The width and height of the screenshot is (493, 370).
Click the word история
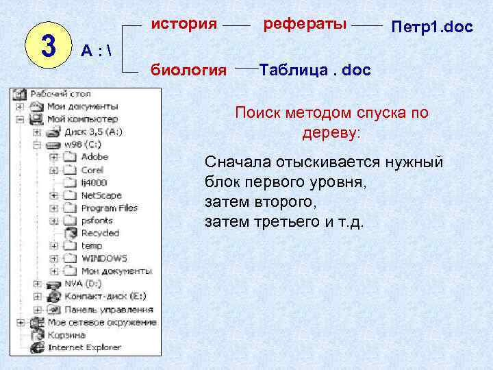click(x=184, y=25)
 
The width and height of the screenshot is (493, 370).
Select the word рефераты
click(x=305, y=25)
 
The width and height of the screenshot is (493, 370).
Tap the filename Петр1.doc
click(x=431, y=28)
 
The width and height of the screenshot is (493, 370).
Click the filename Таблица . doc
click(x=315, y=70)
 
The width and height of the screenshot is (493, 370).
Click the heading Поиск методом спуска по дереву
click(x=331, y=123)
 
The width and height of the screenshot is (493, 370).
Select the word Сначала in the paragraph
click(x=233, y=162)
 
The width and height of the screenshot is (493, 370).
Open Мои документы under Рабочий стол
click(x=82, y=106)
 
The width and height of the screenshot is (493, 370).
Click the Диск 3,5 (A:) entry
click(x=93, y=132)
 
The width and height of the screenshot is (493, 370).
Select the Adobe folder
click(x=94, y=157)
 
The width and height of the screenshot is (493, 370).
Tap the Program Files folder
click(x=109, y=208)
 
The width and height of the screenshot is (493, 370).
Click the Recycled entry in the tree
click(x=100, y=233)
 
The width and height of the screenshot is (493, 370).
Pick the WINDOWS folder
click(x=104, y=258)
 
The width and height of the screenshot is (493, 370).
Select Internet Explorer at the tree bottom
click(x=84, y=347)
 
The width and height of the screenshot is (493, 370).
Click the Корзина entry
click(x=66, y=334)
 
